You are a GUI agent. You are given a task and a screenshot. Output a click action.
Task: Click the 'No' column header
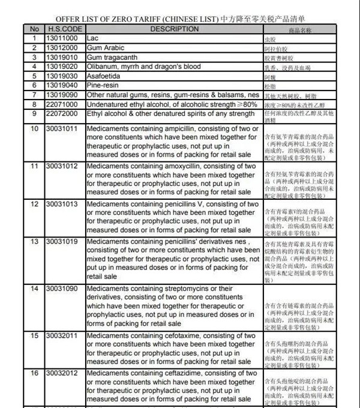tap(34, 29)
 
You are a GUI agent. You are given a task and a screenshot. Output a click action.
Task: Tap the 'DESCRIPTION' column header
tap(174, 29)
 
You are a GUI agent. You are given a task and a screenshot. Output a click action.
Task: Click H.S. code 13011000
tap(63, 38)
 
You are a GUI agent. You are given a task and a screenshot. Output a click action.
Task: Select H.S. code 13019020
tap(63, 67)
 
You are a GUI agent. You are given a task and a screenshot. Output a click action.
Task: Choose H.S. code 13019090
tap(63, 95)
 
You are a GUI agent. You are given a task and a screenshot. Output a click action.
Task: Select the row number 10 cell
tap(34, 128)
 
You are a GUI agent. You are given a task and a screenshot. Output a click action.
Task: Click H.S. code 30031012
tap(63, 166)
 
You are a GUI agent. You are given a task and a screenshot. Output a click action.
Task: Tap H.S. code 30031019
tap(63, 241)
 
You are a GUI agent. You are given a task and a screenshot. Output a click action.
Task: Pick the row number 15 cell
tap(34, 335)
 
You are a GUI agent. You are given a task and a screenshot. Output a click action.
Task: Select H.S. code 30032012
tap(63, 373)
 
